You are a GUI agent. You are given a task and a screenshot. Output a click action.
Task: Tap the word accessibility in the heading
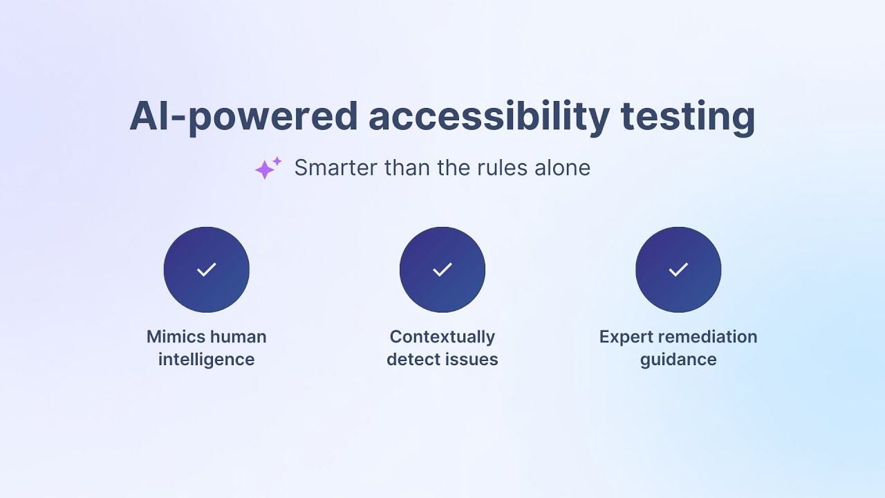pos(489,116)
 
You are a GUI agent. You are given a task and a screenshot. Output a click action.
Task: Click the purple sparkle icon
pos(268,168)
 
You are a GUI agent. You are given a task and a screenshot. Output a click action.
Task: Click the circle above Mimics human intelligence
pos(207,270)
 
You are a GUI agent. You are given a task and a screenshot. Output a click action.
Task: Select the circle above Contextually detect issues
pos(442,270)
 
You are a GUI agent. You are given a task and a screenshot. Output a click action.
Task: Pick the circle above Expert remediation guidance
pos(678,270)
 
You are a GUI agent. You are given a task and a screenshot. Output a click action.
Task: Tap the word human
pos(238,337)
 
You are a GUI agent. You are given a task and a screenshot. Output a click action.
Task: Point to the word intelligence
pos(207,360)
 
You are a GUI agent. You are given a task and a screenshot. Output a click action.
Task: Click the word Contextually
pos(442,337)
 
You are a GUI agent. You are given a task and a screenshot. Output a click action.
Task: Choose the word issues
pos(473,360)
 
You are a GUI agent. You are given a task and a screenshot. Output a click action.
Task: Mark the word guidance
pos(678,360)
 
